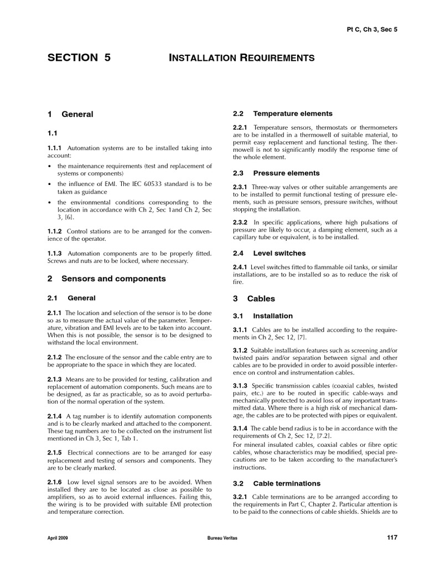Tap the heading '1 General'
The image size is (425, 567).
70,114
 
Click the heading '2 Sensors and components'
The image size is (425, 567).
106,279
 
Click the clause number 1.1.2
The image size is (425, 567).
55,231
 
